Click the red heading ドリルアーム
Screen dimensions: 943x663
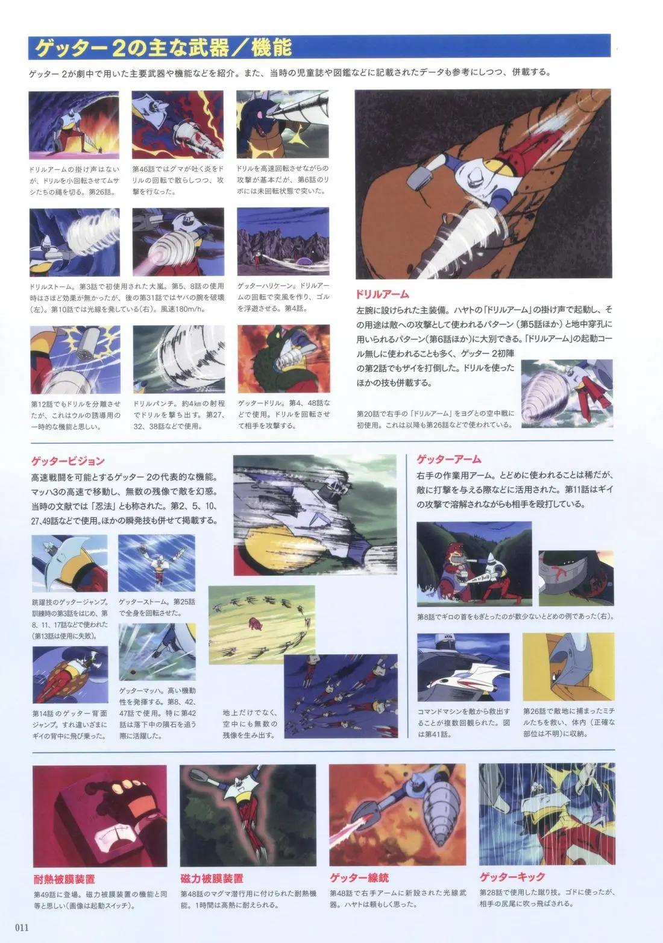(383, 294)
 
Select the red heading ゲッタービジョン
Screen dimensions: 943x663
(68, 461)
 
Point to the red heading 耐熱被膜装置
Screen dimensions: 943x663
(64, 879)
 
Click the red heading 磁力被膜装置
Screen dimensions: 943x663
(212, 879)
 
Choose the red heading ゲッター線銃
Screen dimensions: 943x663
(359, 878)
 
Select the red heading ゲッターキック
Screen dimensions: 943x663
(512, 877)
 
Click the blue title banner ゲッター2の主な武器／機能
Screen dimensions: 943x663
(163, 47)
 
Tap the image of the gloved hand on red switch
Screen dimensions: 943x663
(99, 815)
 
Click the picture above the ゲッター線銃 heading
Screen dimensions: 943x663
(397, 815)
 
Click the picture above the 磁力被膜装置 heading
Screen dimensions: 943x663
(248, 815)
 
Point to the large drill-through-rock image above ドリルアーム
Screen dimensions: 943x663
(483, 183)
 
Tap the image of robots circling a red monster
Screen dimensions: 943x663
(262, 623)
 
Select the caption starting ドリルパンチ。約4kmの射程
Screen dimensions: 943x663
(179, 414)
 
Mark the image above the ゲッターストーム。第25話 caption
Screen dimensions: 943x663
(157, 563)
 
